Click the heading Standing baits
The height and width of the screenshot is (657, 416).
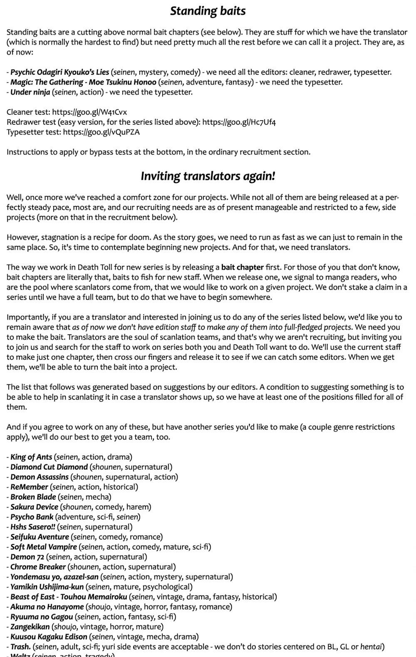tap(208, 11)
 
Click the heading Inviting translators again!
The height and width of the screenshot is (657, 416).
tap(208, 176)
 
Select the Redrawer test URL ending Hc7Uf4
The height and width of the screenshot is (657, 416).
tap(239, 122)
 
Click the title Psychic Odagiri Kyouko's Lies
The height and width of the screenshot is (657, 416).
tap(59, 72)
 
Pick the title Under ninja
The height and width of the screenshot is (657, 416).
tap(30, 92)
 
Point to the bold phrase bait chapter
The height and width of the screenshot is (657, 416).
tap(242, 267)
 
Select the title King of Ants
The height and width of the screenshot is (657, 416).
tap(31, 457)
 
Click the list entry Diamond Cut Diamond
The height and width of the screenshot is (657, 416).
tap(49, 467)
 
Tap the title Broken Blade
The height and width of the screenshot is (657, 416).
tap(33, 497)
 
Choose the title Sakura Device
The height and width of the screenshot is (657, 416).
tap(34, 507)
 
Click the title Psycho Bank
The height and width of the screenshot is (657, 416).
tap(32, 517)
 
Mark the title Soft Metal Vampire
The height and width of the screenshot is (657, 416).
tap(44, 547)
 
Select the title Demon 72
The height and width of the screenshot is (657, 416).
tap(27, 557)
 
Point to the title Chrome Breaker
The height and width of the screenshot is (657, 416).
tap(38, 567)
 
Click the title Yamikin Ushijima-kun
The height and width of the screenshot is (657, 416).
tap(47, 587)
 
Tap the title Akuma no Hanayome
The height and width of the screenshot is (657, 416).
tap(47, 607)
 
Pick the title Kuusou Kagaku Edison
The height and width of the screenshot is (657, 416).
tap(49, 637)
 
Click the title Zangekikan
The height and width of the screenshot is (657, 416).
tap(30, 627)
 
